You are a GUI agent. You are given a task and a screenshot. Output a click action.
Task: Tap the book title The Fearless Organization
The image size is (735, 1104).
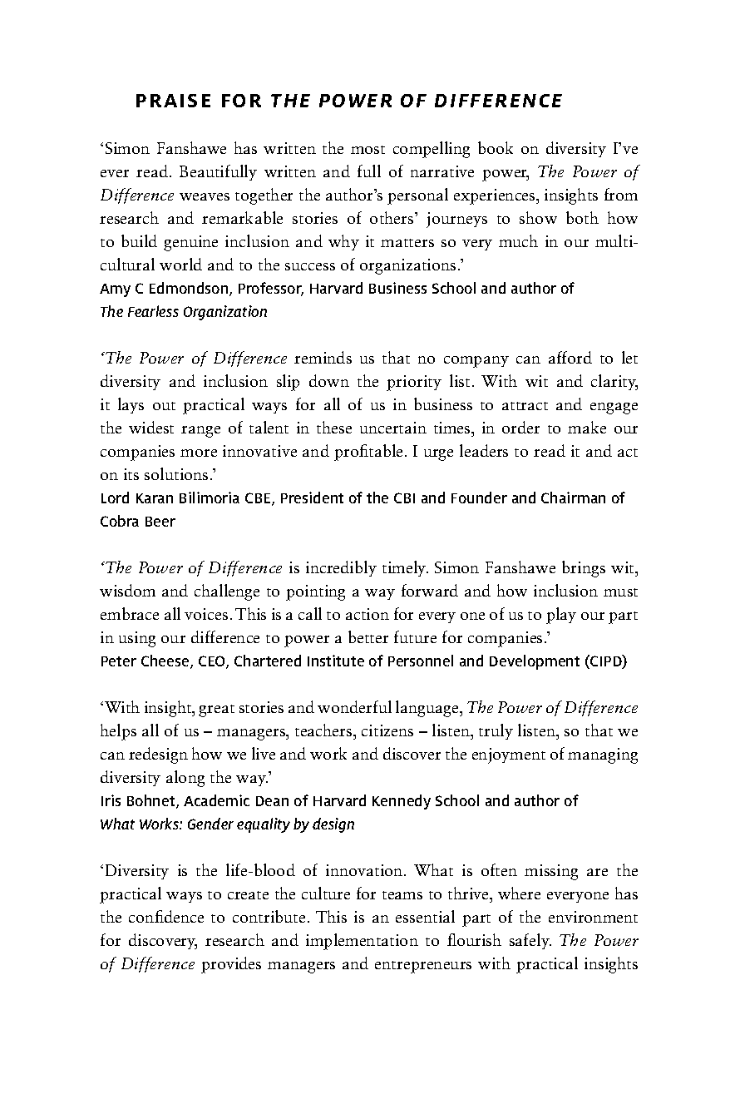184,312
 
